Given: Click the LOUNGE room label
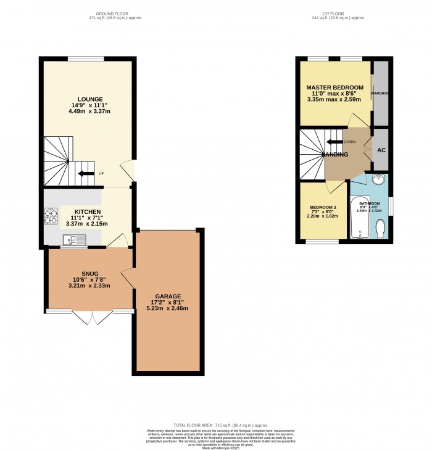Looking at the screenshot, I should (x=86, y=99).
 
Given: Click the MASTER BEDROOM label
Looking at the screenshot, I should (x=334, y=87).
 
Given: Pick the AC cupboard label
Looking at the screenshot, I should (x=381, y=150).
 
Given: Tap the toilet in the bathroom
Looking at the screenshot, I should (x=380, y=230).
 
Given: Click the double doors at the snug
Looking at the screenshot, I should (x=91, y=317).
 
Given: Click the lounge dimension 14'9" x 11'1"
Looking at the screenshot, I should (x=86, y=105).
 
